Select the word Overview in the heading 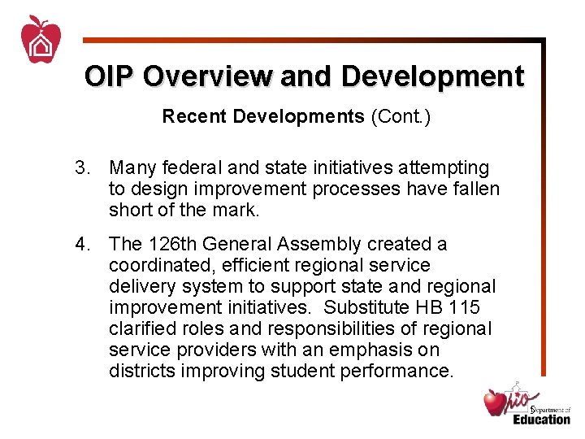(x=207, y=76)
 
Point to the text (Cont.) (x=401, y=117)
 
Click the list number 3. (x=82, y=168)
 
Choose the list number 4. (x=82, y=244)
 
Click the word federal (x=193, y=168)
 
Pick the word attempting (x=444, y=168)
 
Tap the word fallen (x=475, y=189)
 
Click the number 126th (x=172, y=244)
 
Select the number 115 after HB (x=465, y=307)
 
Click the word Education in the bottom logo (x=541, y=419)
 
